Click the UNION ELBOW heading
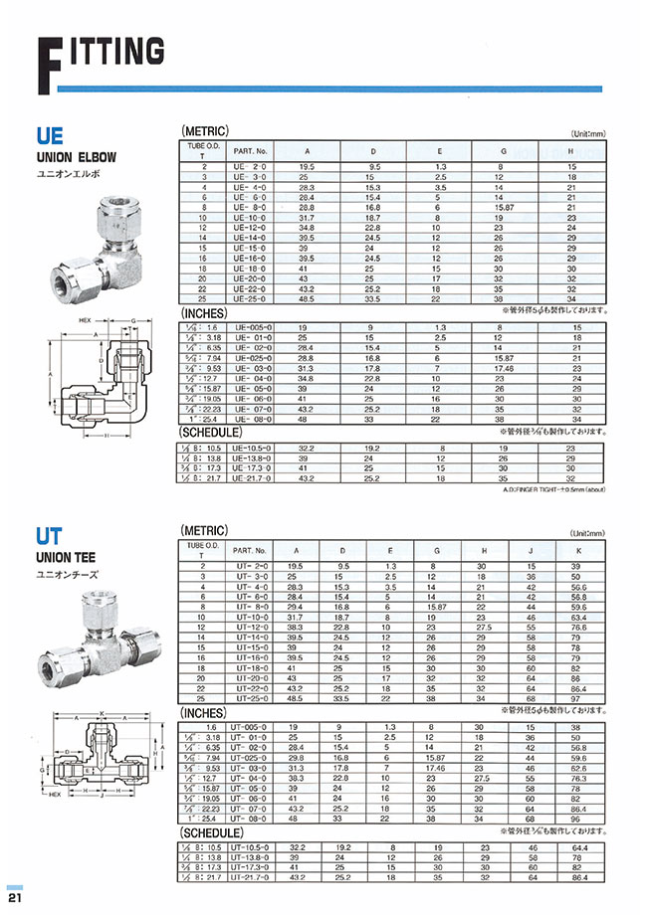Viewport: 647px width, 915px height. tap(77, 157)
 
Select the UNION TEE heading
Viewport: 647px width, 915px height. tap(70, 558)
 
